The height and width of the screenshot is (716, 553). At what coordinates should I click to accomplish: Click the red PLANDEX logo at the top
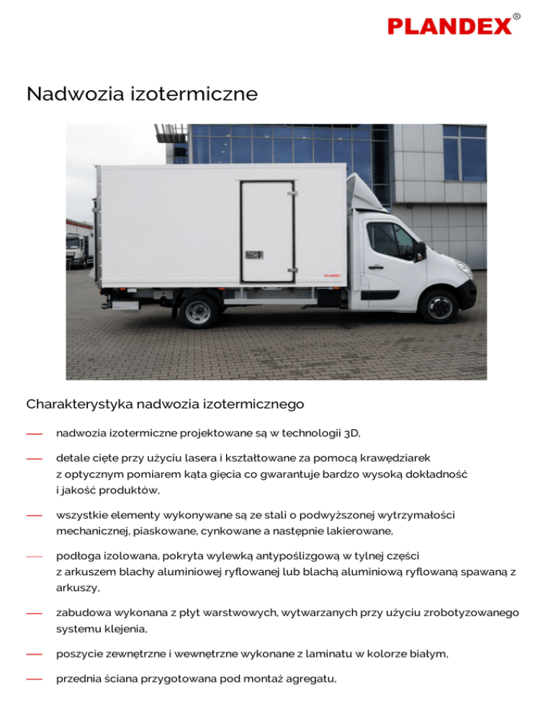click(x=449, y=27)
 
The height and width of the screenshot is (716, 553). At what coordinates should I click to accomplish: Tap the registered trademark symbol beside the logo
click(x=516, y=16)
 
